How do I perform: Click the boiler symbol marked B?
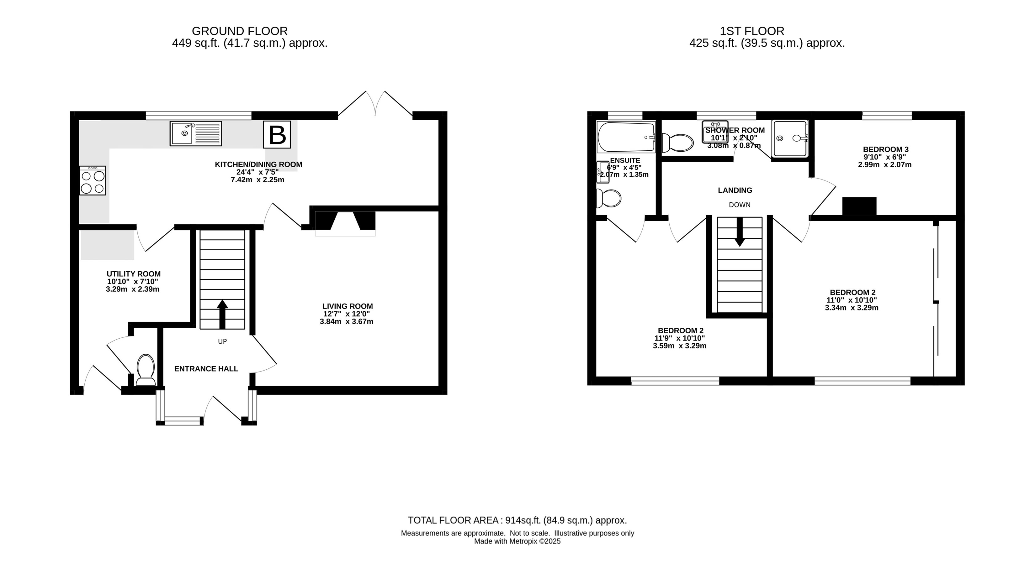[x=277, y=134]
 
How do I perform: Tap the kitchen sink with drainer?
[x=196, y=133]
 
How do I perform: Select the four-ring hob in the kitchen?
[x=93, y=181]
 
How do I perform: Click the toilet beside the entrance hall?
[x=146, y=370]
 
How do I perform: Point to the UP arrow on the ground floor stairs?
[x=222, y=314]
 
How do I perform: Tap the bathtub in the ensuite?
[x=626, y=137]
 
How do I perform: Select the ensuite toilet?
[x=608, y=198]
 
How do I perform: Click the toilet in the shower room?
[x=677, y=143]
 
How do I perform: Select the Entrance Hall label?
[x=206, y=369]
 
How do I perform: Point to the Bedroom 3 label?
[x=885, y=149]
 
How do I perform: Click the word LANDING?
[x=735, y=190]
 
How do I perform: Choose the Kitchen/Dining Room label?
[x=258, y=164]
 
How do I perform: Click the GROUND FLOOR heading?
[x=240, y=31]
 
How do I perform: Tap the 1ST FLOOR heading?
[x=752, y=31]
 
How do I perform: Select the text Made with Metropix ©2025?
[x=517, y=541]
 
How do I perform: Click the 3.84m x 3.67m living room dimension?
[x=347, y=321]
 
